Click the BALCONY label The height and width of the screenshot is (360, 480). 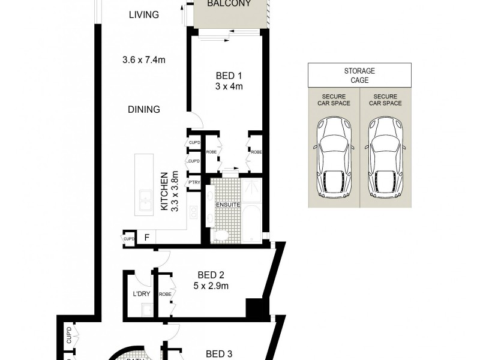click(x=229, y=4)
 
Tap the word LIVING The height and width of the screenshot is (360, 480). click(x=144, y=15)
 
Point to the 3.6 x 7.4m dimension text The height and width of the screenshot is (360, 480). click(x=144, y=59)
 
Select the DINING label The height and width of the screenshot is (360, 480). click(x=144, y=109)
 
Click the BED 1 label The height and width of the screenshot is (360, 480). click(x=229, y=76)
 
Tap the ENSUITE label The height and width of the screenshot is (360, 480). click(x=228, y=205)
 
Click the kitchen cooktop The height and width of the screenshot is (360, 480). click(x=194, y=212)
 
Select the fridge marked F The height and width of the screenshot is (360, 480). click(x=146, y=238)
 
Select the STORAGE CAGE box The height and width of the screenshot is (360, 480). click(x=359, y=75)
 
